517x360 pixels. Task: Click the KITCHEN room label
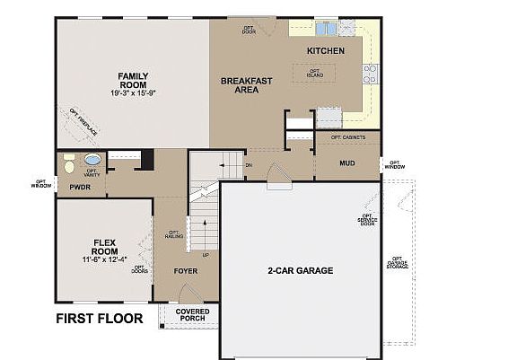(325, 51)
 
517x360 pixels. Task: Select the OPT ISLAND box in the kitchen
(315, 73)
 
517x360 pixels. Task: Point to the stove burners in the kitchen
(369, 75)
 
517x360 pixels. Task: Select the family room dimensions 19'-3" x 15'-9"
(133, 93)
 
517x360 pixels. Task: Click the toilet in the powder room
(69, 166)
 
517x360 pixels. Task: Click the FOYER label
(185, 269)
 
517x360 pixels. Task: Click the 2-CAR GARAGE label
(300, 270)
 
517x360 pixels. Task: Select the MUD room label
(347, 162)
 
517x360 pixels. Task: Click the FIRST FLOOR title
(100, 318)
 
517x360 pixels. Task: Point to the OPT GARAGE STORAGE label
(397, 261)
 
